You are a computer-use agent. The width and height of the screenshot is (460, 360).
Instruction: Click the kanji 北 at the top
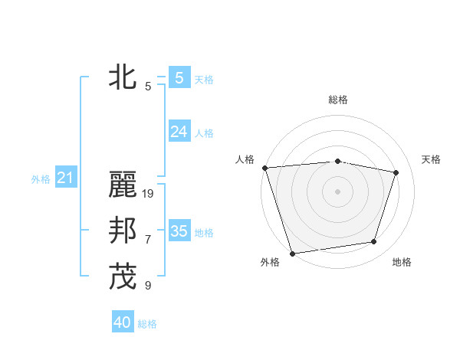click(x=123, y=78)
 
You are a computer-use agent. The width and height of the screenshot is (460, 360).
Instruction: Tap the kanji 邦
click(x=123, y=231)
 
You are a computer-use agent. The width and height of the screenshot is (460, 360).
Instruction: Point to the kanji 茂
click(x=123, y=277)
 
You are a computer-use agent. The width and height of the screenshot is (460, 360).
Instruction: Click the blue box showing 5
click(x=179, y=78)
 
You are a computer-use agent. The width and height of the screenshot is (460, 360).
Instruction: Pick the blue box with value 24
click(x=179, y=132)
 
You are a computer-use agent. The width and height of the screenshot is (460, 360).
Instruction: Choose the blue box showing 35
click(x=179, y=231)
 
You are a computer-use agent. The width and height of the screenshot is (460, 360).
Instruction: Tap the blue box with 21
click(x=65, y=178)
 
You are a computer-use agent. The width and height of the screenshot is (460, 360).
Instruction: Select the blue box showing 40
click(x=123, y=322)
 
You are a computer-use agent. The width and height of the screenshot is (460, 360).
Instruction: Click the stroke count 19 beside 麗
click(x=149, y=194)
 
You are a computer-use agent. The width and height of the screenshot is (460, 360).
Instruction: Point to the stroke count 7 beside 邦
click(x=148, y=240)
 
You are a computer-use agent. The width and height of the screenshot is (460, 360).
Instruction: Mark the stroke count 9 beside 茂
click(x=148, y=286)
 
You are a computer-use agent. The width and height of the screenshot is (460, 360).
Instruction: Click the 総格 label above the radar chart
click(x=338, y=100)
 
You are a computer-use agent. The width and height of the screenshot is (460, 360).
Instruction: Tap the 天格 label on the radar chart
click(x=432, y=159)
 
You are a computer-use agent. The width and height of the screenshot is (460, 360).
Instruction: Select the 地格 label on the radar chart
click(x=402, y=262)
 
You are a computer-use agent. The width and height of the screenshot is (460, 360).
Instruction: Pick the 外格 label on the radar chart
click(x=270, y=262)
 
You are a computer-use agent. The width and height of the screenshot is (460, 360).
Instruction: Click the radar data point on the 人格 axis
click(x=264, y=168)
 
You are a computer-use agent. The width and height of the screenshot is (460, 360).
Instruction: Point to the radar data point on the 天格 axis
click(x=396, y=172)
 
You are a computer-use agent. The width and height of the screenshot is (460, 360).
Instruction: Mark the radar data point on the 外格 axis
click(x=292, y=253)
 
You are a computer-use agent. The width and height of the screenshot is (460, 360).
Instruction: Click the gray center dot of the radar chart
click(x=337, y=191)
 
